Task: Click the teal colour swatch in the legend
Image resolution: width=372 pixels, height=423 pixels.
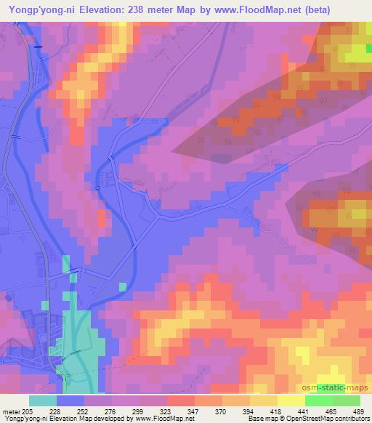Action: (43, 400)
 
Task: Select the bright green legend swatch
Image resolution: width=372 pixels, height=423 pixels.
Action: (318, 400)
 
